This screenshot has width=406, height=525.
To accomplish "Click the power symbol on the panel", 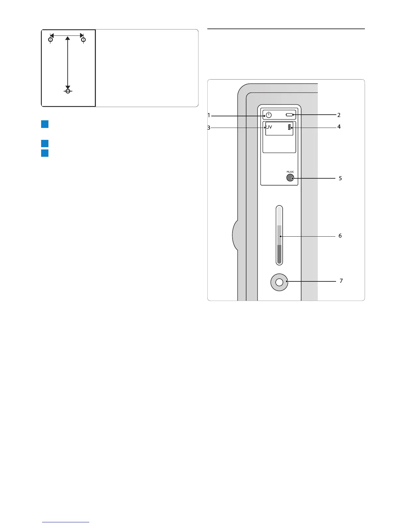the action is pos(269,115).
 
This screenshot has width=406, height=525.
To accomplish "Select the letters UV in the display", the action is pos(269,127).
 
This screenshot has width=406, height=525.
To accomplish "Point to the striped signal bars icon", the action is pos(291,127).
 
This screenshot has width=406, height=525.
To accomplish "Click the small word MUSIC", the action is pos(290,172).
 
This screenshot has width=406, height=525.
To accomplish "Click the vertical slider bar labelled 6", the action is pos(279,235).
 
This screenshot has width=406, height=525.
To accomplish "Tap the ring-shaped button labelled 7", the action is pos(279,282).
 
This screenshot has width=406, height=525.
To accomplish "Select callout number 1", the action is pos(209,115).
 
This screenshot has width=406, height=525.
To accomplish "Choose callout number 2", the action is pos(339,115).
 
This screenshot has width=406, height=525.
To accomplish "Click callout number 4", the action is pos(339,127).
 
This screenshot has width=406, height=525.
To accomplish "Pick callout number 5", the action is pos(340,178).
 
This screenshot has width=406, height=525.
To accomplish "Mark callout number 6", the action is pos(340,236).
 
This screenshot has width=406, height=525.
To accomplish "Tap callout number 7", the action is pos(341,281).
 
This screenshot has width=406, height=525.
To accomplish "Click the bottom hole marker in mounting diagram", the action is pos(68,91).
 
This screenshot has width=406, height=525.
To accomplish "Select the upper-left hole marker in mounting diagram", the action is pos(50,40).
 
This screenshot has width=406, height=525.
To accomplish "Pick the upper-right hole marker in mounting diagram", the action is pos(84,40).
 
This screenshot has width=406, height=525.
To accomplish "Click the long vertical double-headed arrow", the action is pos(68,63).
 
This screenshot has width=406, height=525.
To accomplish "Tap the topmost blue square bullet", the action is pos(45,124).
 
